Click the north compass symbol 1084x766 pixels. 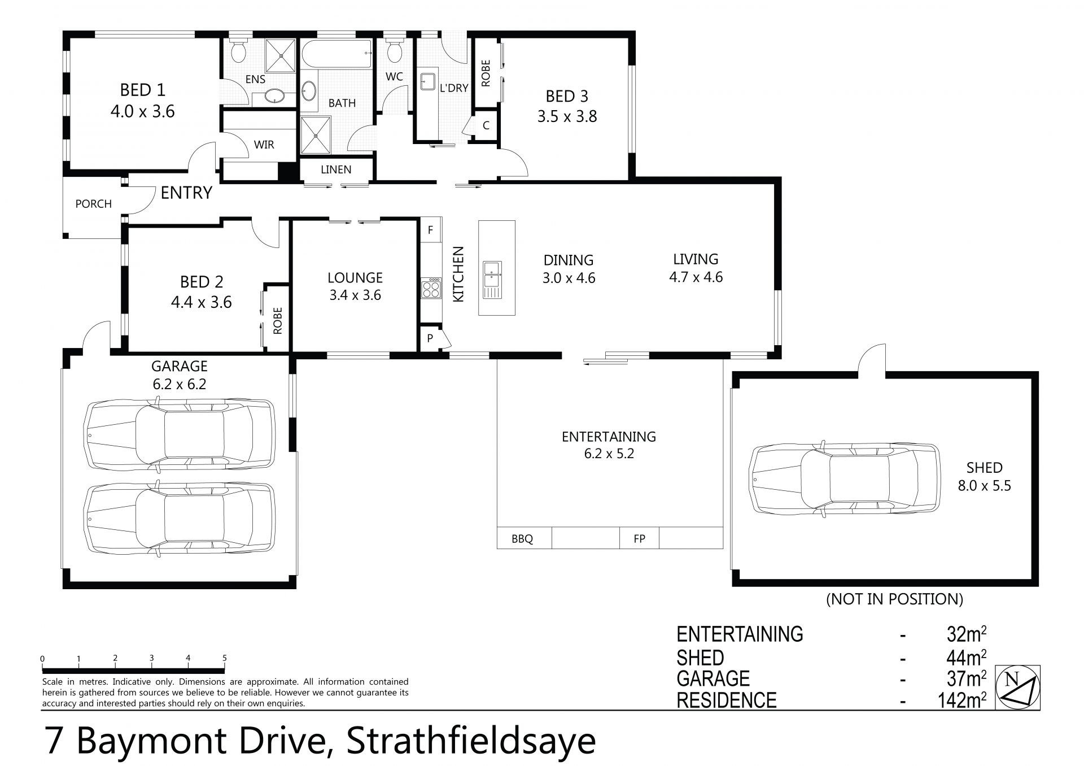(1017, 687)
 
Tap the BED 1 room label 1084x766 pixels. (142, 90)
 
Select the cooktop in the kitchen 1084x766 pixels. (431, 289)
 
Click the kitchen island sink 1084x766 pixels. (492, 280)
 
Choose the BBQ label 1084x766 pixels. (522, 539)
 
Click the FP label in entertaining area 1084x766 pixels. (639, 539)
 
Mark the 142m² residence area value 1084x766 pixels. (959, 700)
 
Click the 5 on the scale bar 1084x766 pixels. (224, 658)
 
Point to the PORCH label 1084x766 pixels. (94, 204)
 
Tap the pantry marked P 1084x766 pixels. (430, 338)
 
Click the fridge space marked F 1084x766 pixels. (430, 230)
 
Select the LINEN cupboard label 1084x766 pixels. (336, 169)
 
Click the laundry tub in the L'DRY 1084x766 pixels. (427, 82)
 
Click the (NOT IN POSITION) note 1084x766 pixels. (894, 599)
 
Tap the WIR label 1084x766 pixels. (264, 145)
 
